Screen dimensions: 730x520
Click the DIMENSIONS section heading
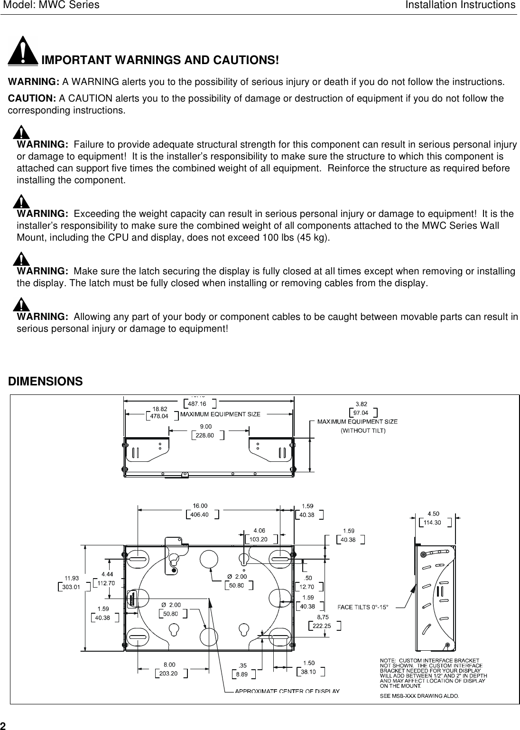pos(46,382)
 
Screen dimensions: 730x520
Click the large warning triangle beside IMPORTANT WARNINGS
pos(23,51)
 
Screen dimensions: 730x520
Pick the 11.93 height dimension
pos(72,578)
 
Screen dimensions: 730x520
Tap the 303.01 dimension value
pos(72,586)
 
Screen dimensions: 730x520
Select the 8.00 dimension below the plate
pos(169,664)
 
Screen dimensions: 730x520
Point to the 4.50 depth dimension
pos(433,514)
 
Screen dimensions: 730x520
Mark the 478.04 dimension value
pos(159,416)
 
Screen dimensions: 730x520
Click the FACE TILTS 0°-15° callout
pos(362,606)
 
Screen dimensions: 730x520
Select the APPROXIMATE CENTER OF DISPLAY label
pos(288,691)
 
